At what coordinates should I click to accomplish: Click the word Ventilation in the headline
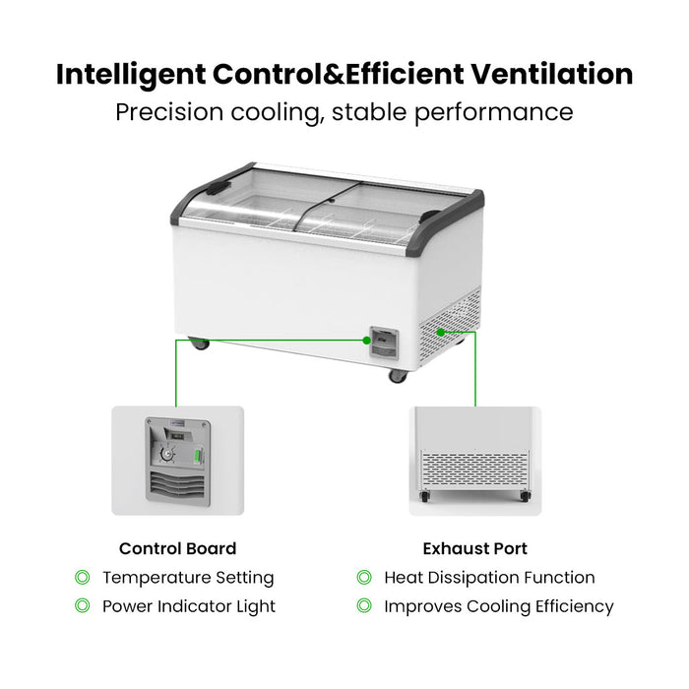(x=552, y=74)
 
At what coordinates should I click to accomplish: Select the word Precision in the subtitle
(x=169, y=112)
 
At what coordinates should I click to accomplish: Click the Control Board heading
(x=177, y=548)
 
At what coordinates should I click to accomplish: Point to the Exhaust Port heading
(x=475, y=548)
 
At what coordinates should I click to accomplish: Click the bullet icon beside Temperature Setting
(x=82, y=577)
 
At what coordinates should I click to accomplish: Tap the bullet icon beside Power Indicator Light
(x=82, y=605)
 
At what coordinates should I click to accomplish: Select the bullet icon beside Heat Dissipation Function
(x=364, y=577)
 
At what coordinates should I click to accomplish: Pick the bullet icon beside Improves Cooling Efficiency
(x=364, y=605)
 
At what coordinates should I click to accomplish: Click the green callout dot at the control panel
(x=366, y=341)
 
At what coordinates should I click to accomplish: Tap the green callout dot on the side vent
(x=441, y=333)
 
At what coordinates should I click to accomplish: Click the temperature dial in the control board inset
(x=167, y=455)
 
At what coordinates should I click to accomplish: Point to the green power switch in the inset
(x=198, y=456)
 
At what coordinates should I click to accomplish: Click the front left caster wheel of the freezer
(x=199, y=344)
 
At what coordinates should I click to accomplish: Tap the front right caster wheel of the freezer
(x=398, y=376)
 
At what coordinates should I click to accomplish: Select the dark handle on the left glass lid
(x=219, y=188)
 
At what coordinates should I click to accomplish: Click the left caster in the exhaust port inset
(x=425, y=496)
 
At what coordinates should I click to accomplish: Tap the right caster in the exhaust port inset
(x=525, y=496)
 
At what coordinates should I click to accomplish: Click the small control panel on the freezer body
(x=385, y=344)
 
